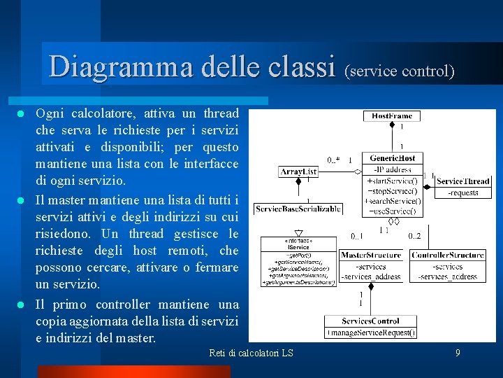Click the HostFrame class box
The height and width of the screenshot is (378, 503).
coord(391,115)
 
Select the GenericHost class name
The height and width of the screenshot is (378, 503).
coord(392,158)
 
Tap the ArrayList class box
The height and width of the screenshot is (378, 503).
coord(298,171)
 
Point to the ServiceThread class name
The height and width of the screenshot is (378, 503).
coord(463,181)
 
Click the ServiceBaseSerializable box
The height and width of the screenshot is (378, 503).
coord(298,209)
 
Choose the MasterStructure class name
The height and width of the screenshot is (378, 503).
coord(371,255)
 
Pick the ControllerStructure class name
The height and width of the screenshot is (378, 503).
coord(447,255)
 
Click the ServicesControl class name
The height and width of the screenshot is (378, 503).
coord(370,321)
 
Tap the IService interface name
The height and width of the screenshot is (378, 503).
coord(298,246)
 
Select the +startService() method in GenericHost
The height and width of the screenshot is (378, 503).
coord(392,180)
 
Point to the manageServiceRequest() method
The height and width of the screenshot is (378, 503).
coord(371,332)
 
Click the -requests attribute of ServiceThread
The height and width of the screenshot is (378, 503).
coord(463,192)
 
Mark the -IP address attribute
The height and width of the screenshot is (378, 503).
coord(392,169)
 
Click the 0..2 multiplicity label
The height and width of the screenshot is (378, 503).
coord(414,236)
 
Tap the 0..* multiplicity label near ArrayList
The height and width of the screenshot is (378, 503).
coord(333,160)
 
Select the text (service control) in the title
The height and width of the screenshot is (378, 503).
coord(400,71)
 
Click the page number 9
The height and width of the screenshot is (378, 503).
coord(458,353)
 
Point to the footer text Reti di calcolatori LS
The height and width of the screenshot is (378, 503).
coord(251,353)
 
